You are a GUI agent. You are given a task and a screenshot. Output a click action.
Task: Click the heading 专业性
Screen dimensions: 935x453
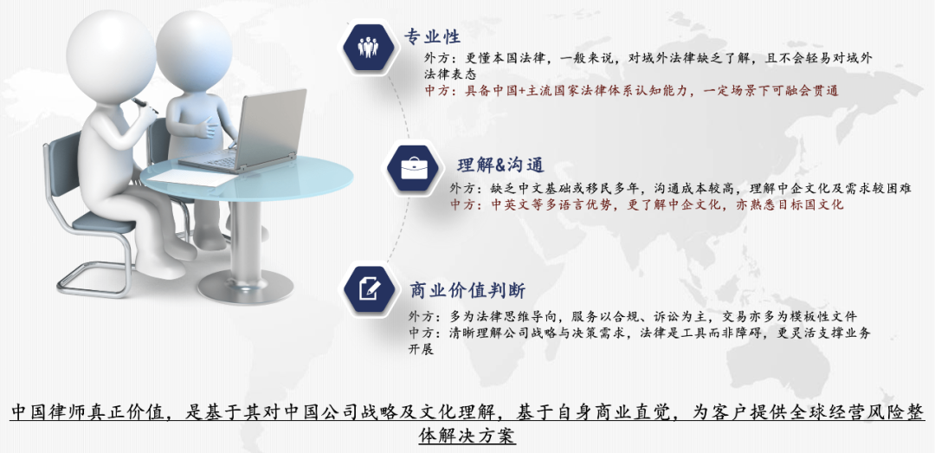click(432, 36)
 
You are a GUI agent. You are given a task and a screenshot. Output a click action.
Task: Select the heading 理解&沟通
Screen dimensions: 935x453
click(500, 165)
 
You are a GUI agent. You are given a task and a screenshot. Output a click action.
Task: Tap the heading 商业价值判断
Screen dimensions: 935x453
click(467, 291)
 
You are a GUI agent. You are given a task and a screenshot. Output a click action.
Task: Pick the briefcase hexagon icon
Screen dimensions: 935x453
click(414, 168)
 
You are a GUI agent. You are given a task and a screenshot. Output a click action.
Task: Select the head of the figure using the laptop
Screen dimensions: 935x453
click(194, 50)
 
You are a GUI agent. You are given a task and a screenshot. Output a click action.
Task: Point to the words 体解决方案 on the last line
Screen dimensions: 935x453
click(467, 436)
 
